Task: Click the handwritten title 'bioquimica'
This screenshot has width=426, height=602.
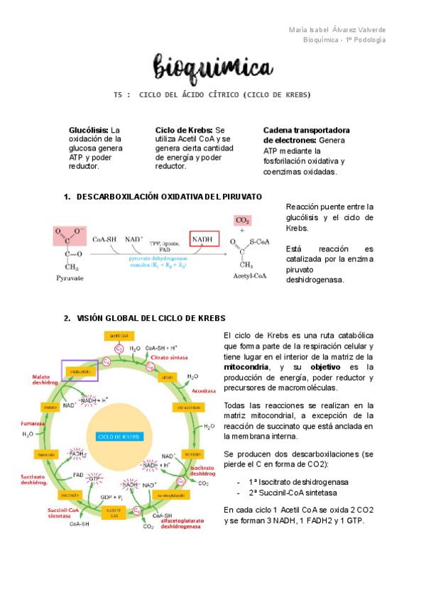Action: tap(213, 69)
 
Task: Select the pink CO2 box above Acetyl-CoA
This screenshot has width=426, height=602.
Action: tap(243, 220)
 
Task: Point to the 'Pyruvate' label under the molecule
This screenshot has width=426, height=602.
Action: tap(70, 278)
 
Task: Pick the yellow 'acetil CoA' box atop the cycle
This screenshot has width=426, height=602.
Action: tap(118, 334)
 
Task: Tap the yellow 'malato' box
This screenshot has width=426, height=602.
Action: tap(51, 407)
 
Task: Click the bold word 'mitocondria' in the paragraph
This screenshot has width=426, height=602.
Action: tap(246, 367)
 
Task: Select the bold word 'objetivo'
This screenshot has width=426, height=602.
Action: tap(327, 367)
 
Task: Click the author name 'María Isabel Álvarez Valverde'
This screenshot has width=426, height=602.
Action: tap(339, 29)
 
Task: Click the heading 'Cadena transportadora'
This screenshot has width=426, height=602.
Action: tap(306, 131)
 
